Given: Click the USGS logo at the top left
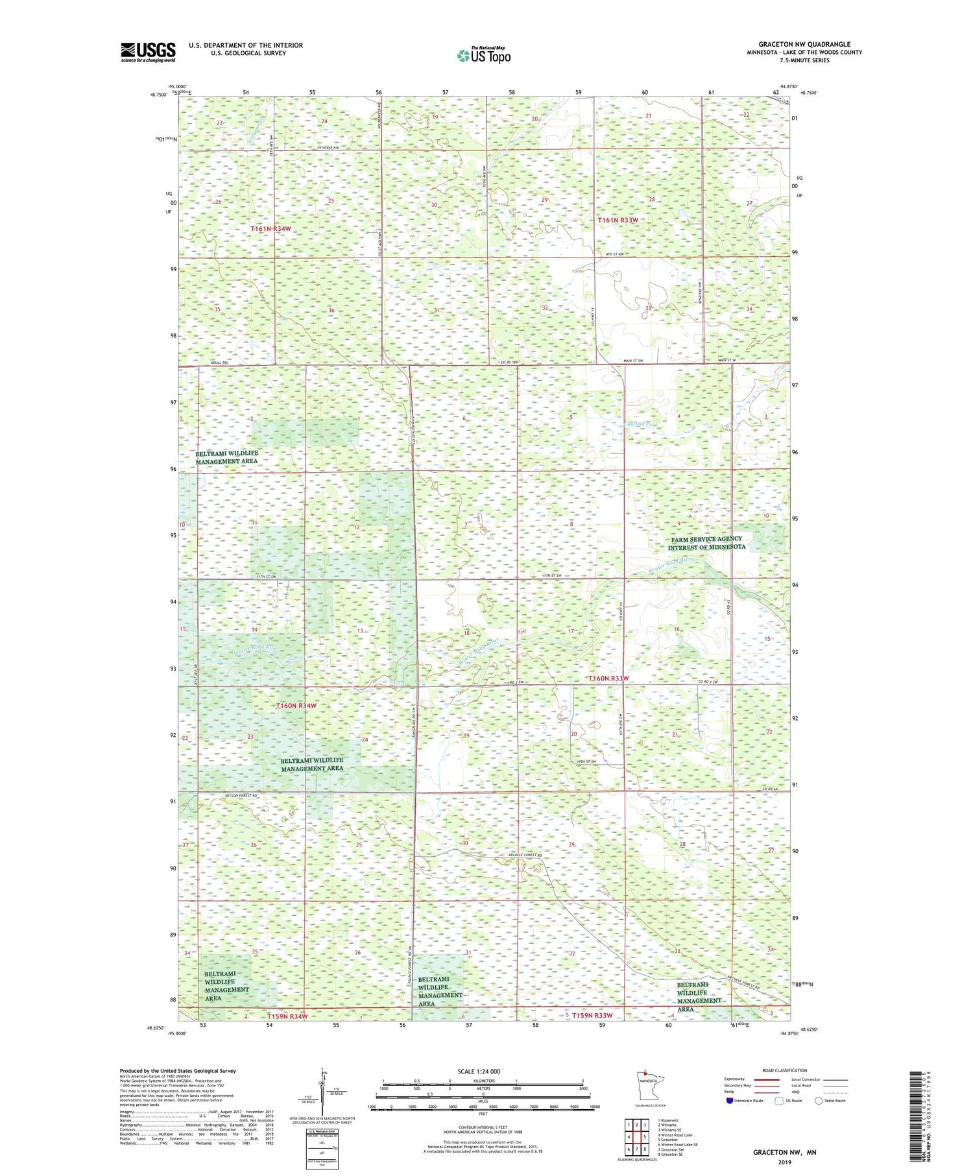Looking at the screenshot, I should pyautogui.click(x=148, y=52).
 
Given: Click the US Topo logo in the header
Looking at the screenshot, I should pyautogui.click(x=483, y=56).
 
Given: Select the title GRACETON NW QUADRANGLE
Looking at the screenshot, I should pyautogui.click(x=804, y=45).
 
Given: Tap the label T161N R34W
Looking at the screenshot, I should pyautogui.click(x=272, y=229).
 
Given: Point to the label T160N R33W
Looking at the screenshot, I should pyautogui.click(x=608, y=678).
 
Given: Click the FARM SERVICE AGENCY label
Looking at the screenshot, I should pyautogui.click(x=706, y=539).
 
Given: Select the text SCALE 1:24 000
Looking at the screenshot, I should pyautogui.click(x=479, y=1072).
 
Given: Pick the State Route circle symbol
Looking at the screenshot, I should pyautogui.click(x=819, y=1101).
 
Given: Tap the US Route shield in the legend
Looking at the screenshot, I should pyautogui.click(x=779, y=1101).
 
